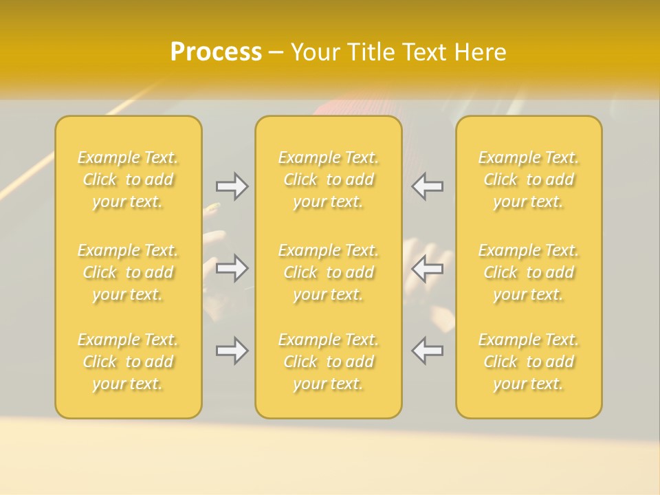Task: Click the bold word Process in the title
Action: (216, 52)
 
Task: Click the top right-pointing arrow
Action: (232, 186)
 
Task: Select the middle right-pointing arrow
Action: (232, 268)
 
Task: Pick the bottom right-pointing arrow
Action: (232, 351)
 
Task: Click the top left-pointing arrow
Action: (427, 186)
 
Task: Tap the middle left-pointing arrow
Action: (427, 268)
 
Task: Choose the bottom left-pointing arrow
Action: (427, 351)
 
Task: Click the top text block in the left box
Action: (128, 179)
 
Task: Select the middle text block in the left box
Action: (128, 272)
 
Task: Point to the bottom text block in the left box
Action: (128, 362)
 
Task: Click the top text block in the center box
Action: (329, 179)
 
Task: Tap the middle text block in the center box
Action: (329, 272)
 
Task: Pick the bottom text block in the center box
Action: (329, 362)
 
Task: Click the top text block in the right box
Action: (529, 179)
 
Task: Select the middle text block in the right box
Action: (529, 272)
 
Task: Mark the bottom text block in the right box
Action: (529, 362)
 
